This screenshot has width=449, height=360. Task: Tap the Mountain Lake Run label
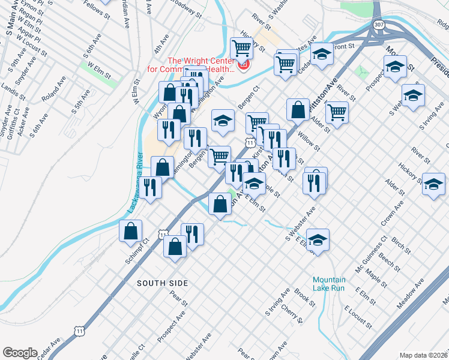tap(329, 284)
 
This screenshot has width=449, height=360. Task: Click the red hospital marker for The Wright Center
tap(244, 64)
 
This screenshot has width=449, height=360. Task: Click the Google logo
tap(20, 353)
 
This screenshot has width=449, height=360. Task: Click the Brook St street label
tap(304, 297)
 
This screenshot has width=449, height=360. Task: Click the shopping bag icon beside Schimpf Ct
tap(131, 231)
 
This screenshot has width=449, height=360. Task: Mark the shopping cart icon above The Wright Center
tap(241, 47)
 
